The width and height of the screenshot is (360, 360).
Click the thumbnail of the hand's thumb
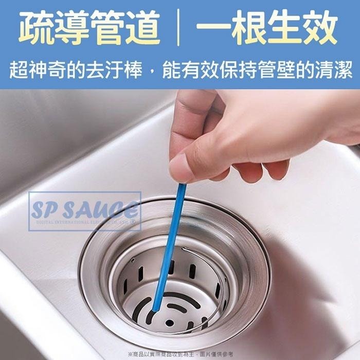tap(181, 167)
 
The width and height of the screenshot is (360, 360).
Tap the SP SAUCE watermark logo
tap(85, 210)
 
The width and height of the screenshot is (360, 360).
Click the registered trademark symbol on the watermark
tap(133, 222)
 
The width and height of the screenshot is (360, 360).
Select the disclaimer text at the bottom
tap(180, 354)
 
